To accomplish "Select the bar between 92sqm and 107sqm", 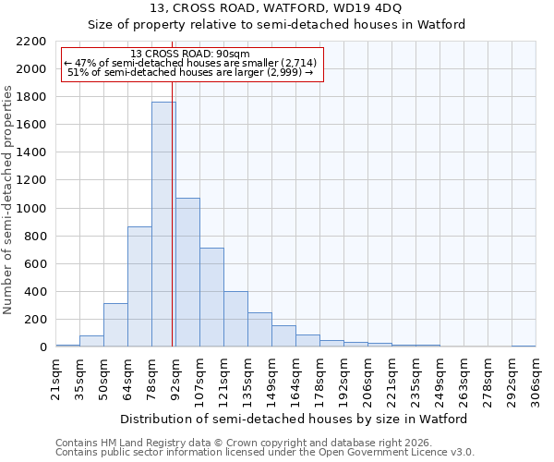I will pyautogui.click(x=187, y=273).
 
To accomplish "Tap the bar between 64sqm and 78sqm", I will pyautogui.click(x=139, y=286).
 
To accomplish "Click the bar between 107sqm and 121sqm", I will pyautogui.click(x=211, y=298).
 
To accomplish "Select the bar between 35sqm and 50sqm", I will pyautogui.click(x=91, y=341).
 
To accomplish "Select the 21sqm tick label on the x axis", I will pyautogui.click(x=55, y=376).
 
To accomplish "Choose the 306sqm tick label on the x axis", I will pyautogui.click(x=536, y=376).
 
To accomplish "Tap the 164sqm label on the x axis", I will pyautogui.click(x=295, y=376).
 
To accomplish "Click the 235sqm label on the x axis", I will pyautogui.click(x=415, y=376).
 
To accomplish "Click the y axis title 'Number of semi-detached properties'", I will pyautogui.click(x=8, y=199).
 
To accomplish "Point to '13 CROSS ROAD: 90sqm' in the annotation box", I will pyautogui.click(x=190, y=55).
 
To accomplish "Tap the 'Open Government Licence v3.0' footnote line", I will pyautogui.click(x=265, y=453).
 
